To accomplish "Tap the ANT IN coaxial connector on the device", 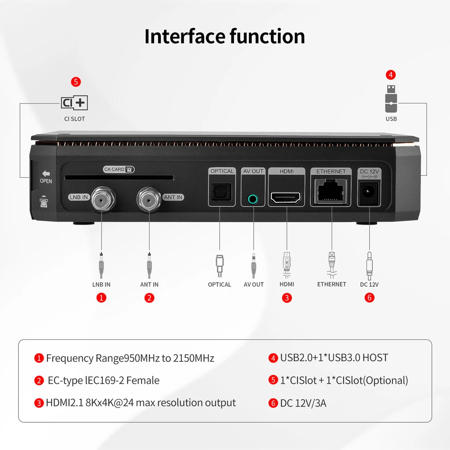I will [x=149, y=199].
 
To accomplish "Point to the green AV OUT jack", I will [x=253, y=199].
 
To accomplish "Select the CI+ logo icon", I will [x=75, y=102].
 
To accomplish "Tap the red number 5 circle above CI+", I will [x=76, y=82].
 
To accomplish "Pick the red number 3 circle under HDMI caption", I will [x=287, y=298].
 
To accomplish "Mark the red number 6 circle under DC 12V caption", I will [x=369, y=298].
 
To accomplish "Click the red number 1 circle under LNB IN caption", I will [x=101, y=298].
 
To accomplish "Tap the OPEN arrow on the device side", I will [x=46, y=173].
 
